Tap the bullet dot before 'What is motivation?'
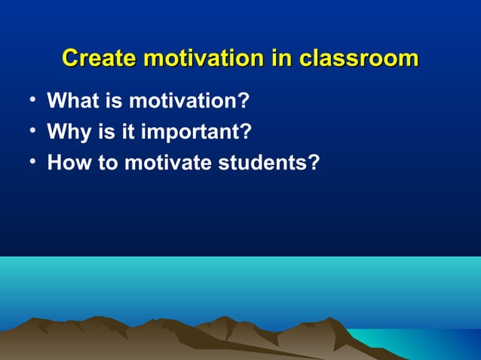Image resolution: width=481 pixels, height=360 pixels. point(26,100)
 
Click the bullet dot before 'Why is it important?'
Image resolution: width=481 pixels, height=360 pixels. point(26,132)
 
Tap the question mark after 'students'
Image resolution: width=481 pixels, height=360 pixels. point(314,163)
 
